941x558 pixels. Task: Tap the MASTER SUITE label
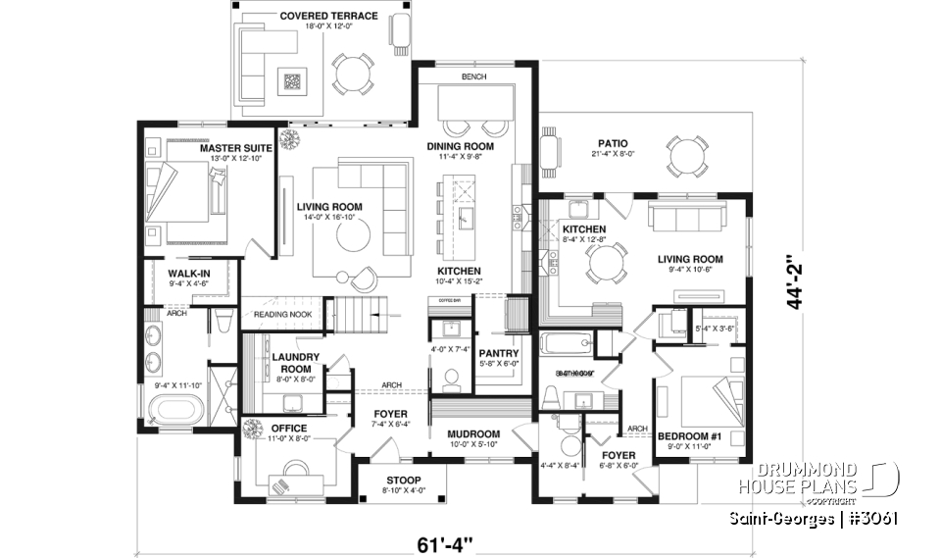236,148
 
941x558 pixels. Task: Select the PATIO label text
609,143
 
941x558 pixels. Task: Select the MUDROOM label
473,433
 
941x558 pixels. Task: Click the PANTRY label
498,352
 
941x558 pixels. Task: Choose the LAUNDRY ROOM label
291,363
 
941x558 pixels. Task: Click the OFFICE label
288,428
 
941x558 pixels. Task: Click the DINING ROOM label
460,146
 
